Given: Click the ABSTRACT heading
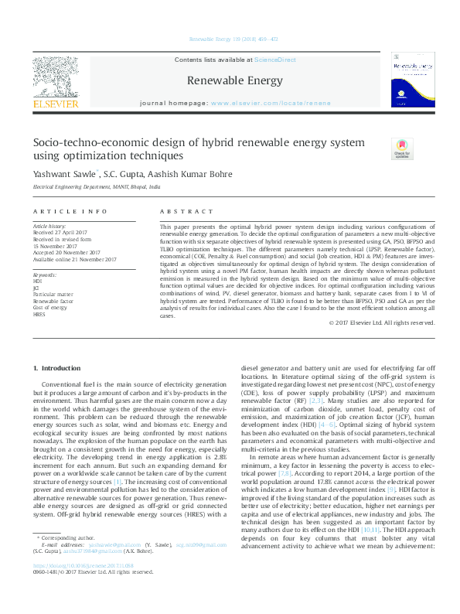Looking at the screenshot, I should [x=186, y=211].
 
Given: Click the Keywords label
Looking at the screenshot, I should [x=45, y=275].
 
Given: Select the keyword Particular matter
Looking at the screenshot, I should [x=53, y=294].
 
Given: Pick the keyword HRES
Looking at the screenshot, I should [x=39, y=315].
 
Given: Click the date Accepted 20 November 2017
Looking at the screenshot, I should [x=66, y=252].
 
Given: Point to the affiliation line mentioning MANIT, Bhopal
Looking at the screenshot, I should [x=96, y=187].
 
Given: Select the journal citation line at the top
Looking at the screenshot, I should [x=230, y=39].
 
